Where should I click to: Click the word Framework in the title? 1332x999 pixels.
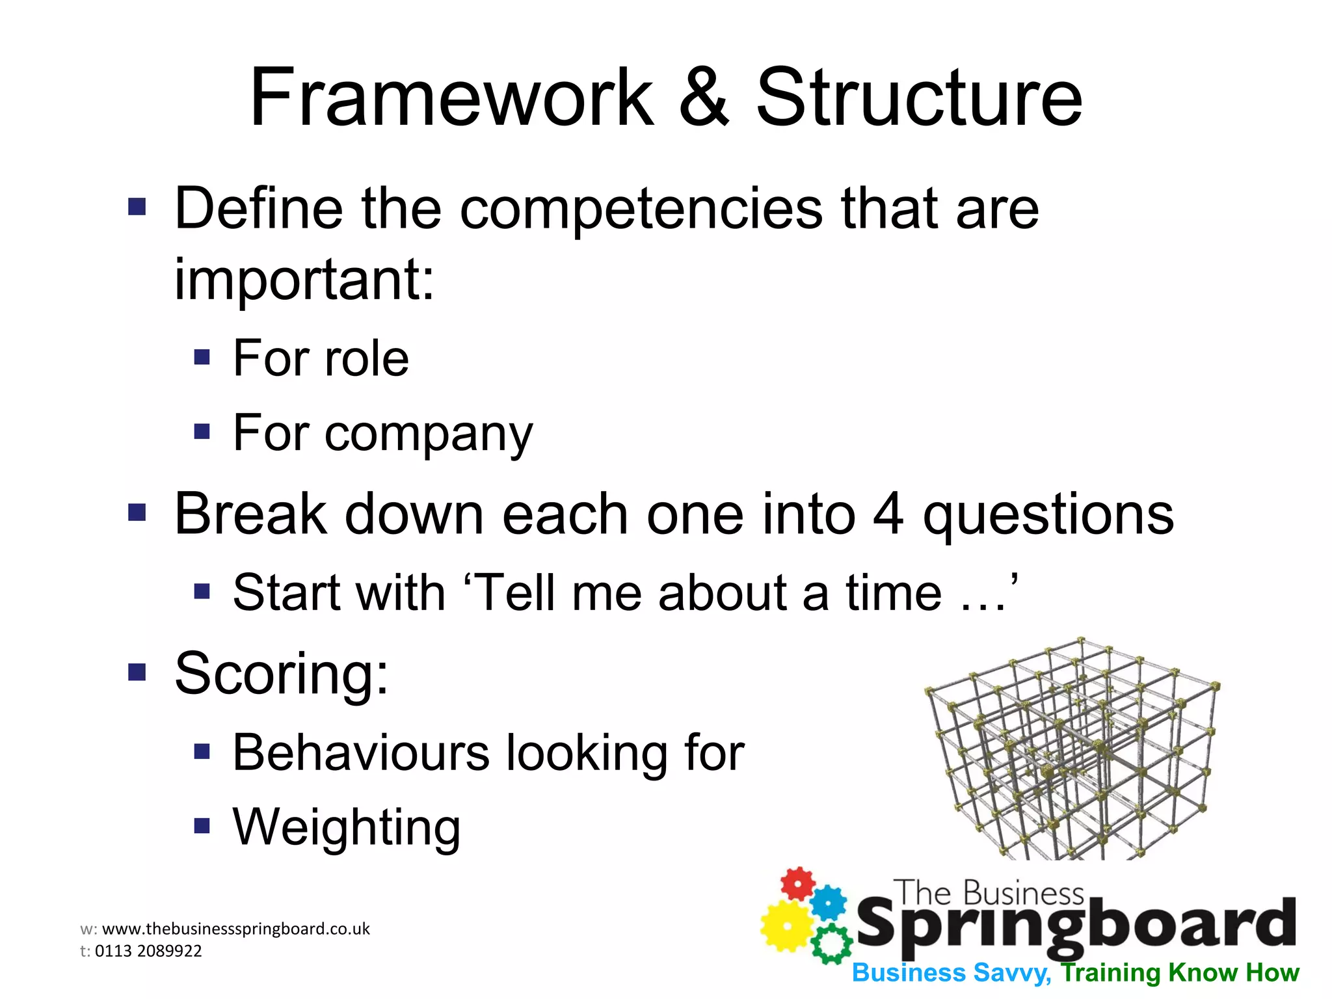(x=451, y=99)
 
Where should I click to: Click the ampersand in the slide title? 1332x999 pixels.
(x=704, y=99)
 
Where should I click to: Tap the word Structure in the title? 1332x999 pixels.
(x=918, y=99)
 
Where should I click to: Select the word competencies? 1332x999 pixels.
(x=641, y=210)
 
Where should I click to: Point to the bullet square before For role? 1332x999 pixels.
(x=202, y=357)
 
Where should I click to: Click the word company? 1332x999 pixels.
(x=429, y=434)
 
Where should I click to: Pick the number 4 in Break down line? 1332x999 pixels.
(x=888, y=514)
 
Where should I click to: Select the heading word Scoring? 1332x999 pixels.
(x=282, y=674)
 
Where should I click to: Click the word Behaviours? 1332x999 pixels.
(x=361, y=753)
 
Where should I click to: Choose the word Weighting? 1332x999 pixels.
(x=347, y=828)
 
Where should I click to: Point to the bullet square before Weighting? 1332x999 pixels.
(x=202, y=826)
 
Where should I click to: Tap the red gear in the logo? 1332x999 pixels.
(x=797, y=883)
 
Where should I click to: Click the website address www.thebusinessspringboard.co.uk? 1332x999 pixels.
(x=236, y=929)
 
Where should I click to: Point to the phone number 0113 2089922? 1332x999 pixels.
(x=148, y=951)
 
